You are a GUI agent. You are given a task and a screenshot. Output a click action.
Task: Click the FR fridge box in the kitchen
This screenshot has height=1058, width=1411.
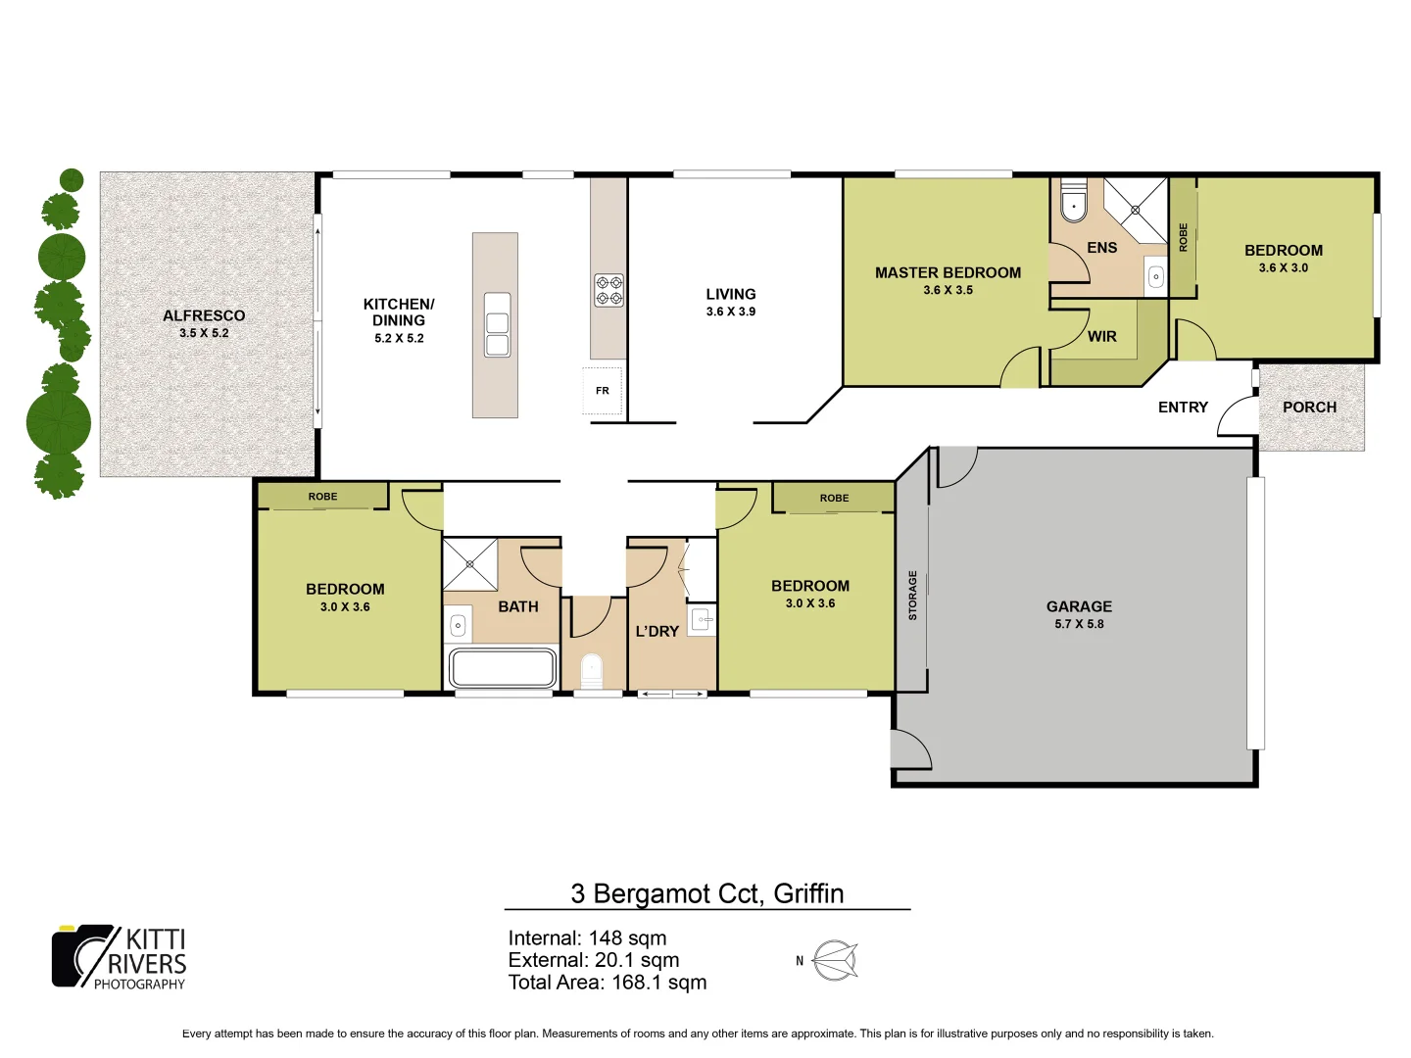603,390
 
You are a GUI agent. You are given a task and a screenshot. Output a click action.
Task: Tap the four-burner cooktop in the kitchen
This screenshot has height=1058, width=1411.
608,290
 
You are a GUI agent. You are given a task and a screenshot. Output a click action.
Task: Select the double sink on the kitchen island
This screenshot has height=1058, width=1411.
497,324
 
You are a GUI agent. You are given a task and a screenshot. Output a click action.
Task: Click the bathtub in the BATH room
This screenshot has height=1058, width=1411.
502,668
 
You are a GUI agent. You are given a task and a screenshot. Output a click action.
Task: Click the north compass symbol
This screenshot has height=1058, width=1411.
835,960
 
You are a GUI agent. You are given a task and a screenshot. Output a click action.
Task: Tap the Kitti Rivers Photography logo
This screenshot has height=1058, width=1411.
120,957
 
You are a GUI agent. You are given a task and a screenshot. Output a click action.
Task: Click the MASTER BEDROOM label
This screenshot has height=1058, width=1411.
948,273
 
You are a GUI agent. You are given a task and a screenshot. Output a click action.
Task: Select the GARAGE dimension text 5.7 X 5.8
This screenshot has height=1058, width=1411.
1079,624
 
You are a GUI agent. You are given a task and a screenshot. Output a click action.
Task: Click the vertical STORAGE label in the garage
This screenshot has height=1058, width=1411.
912,596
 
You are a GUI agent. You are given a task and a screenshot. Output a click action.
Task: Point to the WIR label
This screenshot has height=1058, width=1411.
1101,336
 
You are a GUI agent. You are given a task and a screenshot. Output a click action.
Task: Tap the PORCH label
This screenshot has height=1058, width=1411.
1309,408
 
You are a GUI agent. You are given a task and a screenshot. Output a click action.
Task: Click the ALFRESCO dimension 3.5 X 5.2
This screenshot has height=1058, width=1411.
204,333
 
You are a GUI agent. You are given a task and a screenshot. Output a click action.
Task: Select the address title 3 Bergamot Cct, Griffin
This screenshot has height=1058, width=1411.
706,893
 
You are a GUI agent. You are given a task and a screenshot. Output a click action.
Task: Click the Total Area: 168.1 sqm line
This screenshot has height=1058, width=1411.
607,983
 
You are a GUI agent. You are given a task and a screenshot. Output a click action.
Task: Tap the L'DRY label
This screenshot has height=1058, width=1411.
657,632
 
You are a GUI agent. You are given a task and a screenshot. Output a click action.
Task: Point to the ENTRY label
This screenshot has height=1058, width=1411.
1183,408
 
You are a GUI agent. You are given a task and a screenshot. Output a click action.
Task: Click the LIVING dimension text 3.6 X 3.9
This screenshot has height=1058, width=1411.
731,312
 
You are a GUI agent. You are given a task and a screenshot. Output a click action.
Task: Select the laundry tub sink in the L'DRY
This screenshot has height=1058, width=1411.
702,619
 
